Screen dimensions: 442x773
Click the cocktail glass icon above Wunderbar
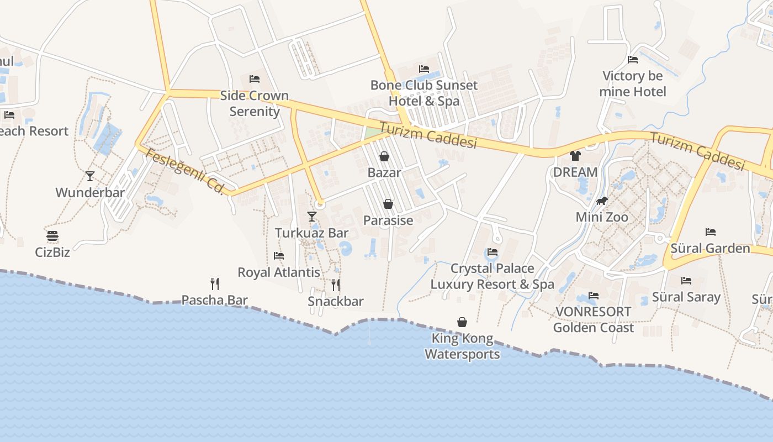click(x=90, y=176)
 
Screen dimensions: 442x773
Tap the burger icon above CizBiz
click(x=52, y=236)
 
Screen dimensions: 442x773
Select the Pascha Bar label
click(x=215, y=300)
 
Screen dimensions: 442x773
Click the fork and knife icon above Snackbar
click(x=335, y=285)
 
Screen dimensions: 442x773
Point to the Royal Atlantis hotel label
click(x=278, y=272)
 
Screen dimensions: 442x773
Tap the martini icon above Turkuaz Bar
click(x=312, y=217)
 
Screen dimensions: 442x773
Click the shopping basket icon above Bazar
click(x=384, y=156)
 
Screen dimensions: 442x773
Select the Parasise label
click(x=388, y=220)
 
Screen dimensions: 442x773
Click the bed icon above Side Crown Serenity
click(x=255, y=79)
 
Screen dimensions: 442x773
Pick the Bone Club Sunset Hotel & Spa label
click(x=424, y=93)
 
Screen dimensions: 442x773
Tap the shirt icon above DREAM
click(x=575, y=156)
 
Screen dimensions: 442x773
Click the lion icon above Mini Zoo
click(x=602, y=201)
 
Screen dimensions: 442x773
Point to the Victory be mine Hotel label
click(x=633, y=83)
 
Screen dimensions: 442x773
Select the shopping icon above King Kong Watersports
click(x=462, y=322)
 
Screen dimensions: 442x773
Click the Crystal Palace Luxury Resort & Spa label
click(x=492, y=276)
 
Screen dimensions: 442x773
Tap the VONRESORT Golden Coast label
click(x=593, y=319)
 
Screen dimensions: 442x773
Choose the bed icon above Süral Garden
click(x=711, y=232)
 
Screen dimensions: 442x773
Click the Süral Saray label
click(x=686, y=297)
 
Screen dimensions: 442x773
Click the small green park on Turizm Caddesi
click(x=373, y=133)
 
